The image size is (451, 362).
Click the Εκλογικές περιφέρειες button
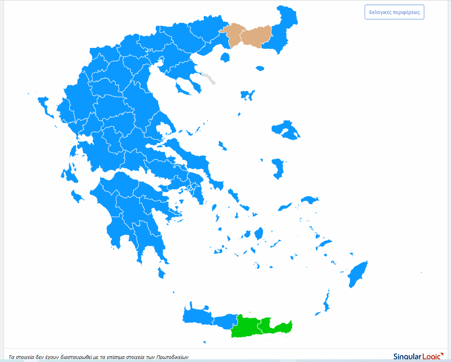point(394,12)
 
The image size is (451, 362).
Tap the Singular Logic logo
point(418,357)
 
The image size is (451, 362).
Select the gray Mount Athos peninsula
point(209,78)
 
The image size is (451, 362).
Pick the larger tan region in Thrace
point(257,36)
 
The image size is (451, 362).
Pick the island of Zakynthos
point(77,196)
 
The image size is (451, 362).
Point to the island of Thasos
point(225,57)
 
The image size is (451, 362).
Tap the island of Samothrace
point(260,68)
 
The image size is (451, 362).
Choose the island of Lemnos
point(247,95)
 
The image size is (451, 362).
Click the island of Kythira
point(161,273)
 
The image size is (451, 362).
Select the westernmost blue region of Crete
point(197,315)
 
